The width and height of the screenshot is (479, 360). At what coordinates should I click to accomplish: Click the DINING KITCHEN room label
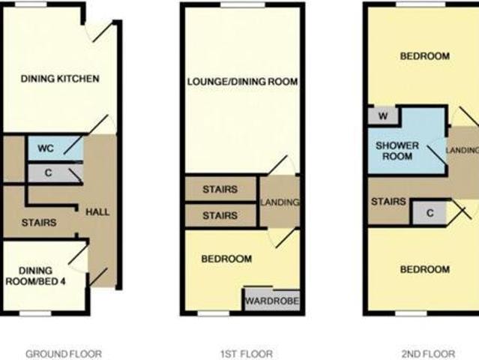[x=60, y=79]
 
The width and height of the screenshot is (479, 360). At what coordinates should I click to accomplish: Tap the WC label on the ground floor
[x=46, y=148]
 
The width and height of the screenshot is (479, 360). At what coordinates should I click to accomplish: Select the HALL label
[x=97, y=212]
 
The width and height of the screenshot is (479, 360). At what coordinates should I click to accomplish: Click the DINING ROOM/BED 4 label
[x=35, y=276]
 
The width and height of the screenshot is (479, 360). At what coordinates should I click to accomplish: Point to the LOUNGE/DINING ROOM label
[x=243, y=82]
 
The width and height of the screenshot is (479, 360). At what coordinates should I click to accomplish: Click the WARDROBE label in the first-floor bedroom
[x=272, y=301]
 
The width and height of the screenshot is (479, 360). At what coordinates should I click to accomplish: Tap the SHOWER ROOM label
[x=397, y=151]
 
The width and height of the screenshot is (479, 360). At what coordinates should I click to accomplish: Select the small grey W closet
[x=383, y=116]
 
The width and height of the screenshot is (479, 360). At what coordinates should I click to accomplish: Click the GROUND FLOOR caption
[x=64, y=354]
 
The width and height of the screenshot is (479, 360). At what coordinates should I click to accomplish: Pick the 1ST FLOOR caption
[x=247, y=354]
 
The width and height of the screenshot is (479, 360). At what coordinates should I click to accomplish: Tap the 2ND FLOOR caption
[x=428, y=354]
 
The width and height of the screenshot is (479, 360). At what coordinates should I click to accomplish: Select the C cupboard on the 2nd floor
[x=430, y=213]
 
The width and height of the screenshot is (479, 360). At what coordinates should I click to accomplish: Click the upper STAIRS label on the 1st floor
[x=220, y=190]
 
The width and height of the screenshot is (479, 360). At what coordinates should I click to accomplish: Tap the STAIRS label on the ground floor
[x=39, y=223]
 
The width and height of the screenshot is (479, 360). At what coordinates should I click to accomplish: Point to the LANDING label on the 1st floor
[x=280, y=202]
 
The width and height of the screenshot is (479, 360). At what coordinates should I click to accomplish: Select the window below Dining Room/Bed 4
[x=35, y=313]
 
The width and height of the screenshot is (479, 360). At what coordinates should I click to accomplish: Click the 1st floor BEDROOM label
[x=226, y=259]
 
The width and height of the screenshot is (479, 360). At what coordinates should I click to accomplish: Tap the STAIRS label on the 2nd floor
[x=388, y=202]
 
